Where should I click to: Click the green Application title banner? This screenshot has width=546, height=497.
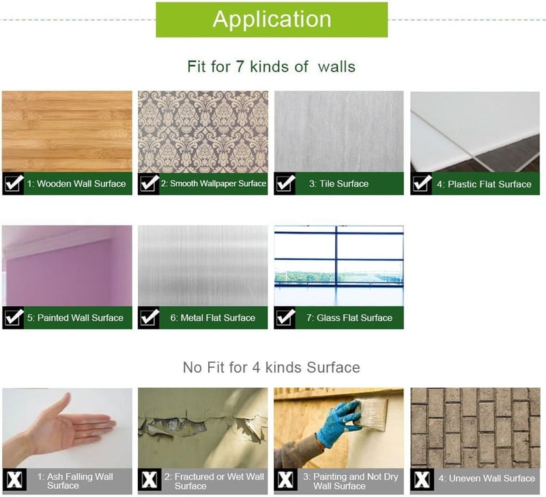point(272,20)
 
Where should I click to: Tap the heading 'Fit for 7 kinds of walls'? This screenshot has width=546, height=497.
point(271,66)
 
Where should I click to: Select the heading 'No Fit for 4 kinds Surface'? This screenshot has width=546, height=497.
point(271,367)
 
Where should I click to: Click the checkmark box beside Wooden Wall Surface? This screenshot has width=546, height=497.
point(13,183)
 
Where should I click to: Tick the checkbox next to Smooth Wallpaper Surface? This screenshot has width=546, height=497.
point(149,183)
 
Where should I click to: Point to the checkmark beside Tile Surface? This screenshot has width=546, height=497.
point(285,183)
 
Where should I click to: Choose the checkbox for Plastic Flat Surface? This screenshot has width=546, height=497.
point(421,183)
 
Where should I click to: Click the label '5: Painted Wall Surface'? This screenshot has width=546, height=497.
point(75,318)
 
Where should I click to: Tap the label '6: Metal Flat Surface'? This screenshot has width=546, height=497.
point(213,318)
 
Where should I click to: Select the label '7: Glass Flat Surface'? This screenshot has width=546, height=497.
point(349,318)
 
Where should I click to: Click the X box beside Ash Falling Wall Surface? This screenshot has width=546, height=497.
point(14,480)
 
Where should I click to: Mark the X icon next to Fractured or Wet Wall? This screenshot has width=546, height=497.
point(149,480)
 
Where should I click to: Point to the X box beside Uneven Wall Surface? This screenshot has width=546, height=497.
point(422,480)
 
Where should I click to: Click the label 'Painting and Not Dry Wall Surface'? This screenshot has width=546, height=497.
point(350,481)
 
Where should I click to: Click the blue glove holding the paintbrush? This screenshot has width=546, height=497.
point(336,422)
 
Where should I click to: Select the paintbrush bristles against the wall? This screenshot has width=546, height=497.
point(373,414)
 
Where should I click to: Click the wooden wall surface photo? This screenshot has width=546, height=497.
point(67,132)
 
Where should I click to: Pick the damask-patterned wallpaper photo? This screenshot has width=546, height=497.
point(203,132)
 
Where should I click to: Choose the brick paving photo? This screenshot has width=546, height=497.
point(475,427)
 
